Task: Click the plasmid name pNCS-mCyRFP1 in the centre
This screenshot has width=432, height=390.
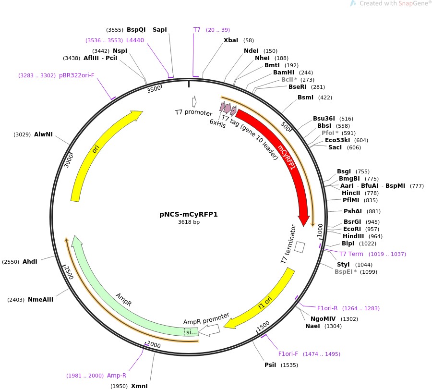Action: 188,214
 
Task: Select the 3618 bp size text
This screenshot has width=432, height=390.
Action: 188,222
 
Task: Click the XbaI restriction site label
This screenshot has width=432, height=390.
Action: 230,40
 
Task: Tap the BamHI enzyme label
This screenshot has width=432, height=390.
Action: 283,73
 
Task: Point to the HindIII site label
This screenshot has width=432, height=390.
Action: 353,236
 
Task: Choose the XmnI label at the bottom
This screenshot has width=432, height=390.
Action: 139,386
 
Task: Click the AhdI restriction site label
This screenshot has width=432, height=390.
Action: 30,262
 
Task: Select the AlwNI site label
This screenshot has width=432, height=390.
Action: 43,134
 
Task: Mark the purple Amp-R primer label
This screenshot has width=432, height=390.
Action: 117,376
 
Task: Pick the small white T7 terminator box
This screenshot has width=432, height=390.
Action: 300,247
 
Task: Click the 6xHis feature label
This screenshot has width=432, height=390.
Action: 217,122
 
